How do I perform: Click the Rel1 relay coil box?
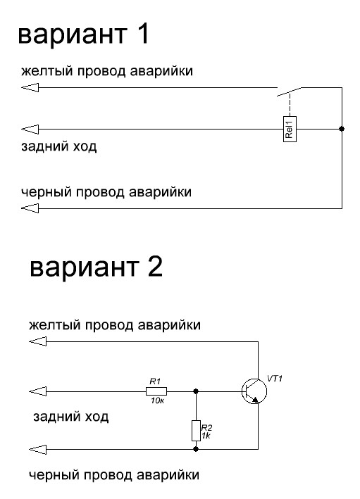click(290, 129)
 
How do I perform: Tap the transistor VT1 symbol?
click(254, 391)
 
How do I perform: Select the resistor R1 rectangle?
click(156, 391)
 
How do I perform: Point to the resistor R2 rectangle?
click(196, 430)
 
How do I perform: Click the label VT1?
click(275, 379)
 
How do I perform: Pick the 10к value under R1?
click(157, 400)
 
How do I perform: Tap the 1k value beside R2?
click(206, 436)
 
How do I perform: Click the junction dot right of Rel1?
click(342, 129)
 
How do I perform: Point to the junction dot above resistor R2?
click(196, 391)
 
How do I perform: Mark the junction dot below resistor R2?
click(196, 449)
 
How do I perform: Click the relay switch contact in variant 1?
click(290, 91)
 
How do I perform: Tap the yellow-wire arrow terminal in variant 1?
click(30, 87)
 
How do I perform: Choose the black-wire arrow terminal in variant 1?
click(30, 208)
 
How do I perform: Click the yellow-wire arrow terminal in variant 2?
click(37, 341)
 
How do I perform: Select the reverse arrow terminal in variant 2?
click(37, 391)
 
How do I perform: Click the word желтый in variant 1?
click(47, 71)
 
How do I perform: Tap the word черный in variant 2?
click(55, 476)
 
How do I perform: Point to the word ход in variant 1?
click(85, 146)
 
